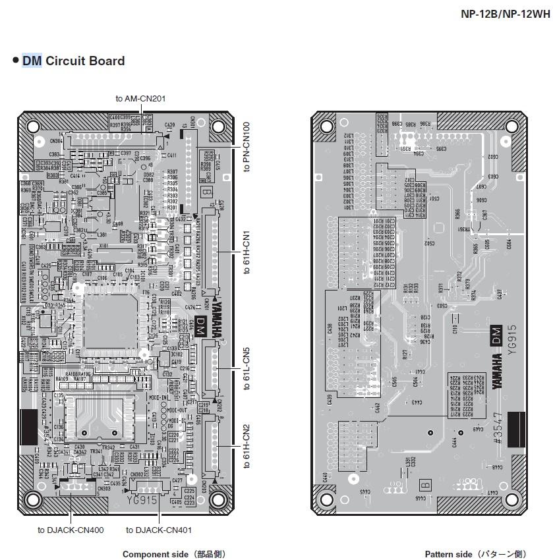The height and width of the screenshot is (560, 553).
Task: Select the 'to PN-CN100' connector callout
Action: coord(247,147)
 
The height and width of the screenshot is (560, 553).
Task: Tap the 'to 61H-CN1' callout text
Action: coord(247,252)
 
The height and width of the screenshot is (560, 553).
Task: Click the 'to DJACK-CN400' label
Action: coord(71,530)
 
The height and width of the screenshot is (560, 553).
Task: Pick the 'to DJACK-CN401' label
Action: coord(159,530)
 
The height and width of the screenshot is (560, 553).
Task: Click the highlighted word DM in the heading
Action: coord(32,61)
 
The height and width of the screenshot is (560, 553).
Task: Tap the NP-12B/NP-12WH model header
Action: coord(505,14)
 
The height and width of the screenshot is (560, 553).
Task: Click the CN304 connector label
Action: coord(57,140)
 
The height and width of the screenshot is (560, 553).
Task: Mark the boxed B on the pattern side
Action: coord(425,486)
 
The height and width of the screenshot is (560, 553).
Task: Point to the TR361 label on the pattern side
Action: coord(465,229)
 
